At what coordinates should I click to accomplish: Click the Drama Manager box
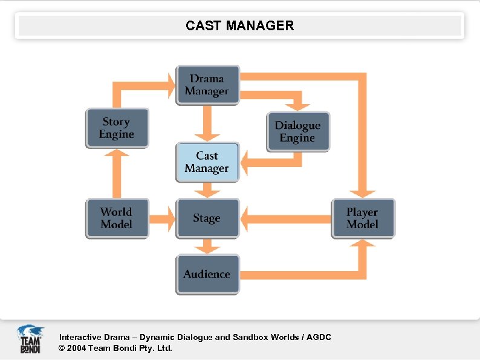coord(207,85)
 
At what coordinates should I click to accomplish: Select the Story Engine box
coord(117,128)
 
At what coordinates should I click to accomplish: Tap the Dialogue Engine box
coord(298,132)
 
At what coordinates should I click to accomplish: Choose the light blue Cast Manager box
coord(207,162)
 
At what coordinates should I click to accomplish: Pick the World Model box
coord(117,218)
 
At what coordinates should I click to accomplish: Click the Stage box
coord(207,218)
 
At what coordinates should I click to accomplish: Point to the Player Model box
coord(363,218)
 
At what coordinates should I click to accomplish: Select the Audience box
coord(207,274)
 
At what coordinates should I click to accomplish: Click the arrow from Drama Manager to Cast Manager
coord(207,124)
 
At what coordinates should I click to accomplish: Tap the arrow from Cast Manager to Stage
coord(207,190)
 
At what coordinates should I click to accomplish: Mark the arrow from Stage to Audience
coord(207,246)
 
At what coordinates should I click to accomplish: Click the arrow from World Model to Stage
coord(161,218)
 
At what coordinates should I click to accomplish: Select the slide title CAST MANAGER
coord(240,25)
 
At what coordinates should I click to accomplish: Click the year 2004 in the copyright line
coord(76,348)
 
